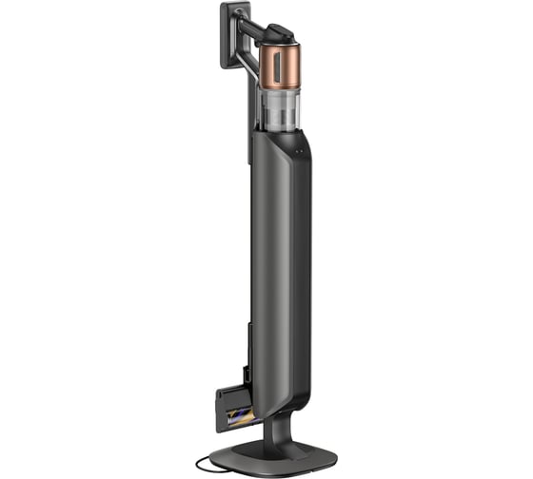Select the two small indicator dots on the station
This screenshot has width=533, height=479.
(x=297, y=149)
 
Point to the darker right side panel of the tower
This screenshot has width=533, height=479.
(x=303, y=266)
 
